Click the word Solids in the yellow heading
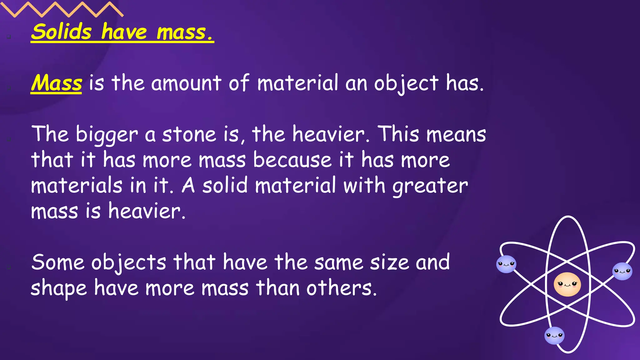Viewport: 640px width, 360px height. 61,32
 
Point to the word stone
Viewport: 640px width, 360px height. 189,134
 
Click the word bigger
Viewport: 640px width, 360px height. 107,135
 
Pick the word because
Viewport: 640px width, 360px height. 292,160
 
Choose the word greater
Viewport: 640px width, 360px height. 430,186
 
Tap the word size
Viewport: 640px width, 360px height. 389,262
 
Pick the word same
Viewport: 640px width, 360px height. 338,262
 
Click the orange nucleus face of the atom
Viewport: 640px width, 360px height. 567,284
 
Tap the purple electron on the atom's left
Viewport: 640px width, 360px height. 506,264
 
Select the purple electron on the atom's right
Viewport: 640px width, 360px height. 622,271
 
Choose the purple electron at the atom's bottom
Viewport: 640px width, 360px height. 554,336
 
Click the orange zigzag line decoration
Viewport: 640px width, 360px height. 62,9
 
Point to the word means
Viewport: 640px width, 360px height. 456,134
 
